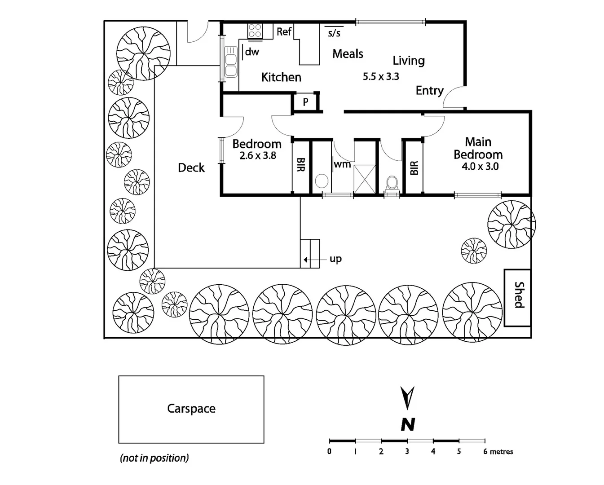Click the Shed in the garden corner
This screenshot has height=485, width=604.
[x=517, y=297]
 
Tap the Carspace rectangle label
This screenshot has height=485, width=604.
[x=191, y=409]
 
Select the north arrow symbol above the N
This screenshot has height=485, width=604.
[x=407, y=398]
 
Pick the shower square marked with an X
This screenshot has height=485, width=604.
[x=364, y=179]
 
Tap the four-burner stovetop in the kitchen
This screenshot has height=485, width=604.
[x=255, y=31]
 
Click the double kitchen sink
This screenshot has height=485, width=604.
[x=231, y=61]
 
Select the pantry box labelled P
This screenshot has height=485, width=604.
[x=305, y=102]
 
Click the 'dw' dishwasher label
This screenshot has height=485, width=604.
[x=252, y=52]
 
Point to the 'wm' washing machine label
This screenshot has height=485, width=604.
[x=342, y=164]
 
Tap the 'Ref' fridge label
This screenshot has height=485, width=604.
[x=284, y=31]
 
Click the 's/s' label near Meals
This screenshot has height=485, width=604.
[x=334, y=33]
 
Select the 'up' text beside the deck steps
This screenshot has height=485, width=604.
[x=335, y=259]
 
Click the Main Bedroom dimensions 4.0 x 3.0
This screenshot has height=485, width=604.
[x=480, y=167]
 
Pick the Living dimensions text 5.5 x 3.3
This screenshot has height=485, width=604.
[x=381, y=77]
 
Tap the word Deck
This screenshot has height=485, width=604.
[x=191, y=168]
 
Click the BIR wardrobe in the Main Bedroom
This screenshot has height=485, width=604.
[x=414, y=168]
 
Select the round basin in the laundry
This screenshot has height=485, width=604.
[x=322, y=181]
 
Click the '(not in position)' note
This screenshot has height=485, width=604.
[x=154, y=458]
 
